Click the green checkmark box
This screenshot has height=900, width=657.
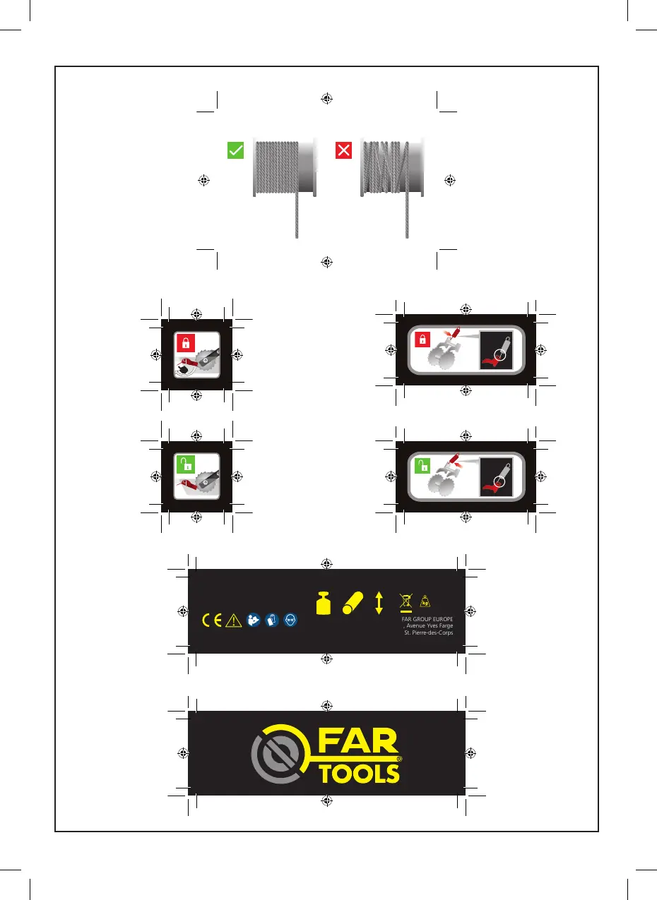coord(236,150)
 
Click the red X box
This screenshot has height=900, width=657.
coord(344,150)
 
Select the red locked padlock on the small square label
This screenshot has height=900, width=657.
coord(186,344)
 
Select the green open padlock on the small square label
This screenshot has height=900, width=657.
coord(185,464)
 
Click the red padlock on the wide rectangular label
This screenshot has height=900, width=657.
coord(422,340)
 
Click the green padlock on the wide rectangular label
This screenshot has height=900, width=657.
coord(422,466)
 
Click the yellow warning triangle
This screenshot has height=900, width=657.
coord(233,620)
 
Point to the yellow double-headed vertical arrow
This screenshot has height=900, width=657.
coord(379,601)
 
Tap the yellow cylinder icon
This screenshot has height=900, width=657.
coord(352,602)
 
